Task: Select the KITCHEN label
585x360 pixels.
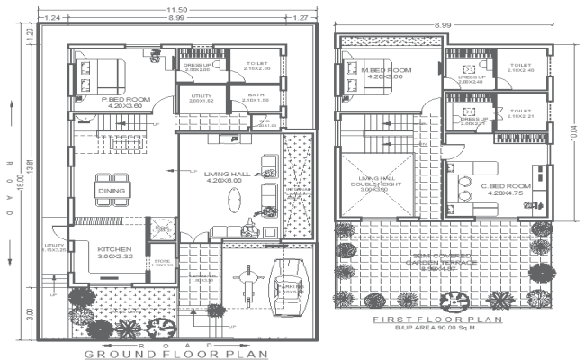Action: (115, 249)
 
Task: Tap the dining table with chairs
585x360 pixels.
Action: (112, 188)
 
